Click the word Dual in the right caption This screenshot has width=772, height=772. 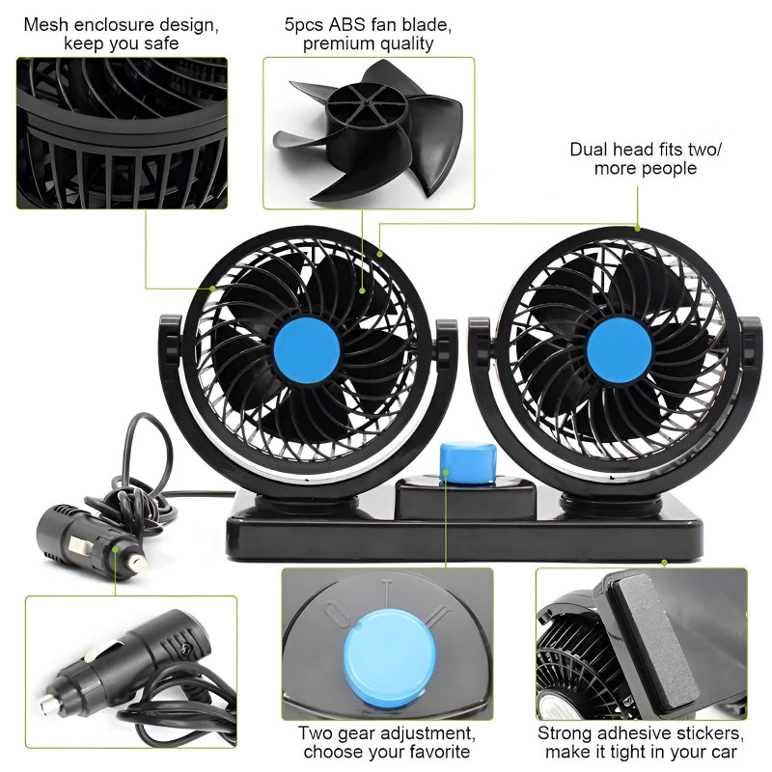[x=589, y=149]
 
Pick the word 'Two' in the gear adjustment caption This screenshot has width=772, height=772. [x=317, y=732]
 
